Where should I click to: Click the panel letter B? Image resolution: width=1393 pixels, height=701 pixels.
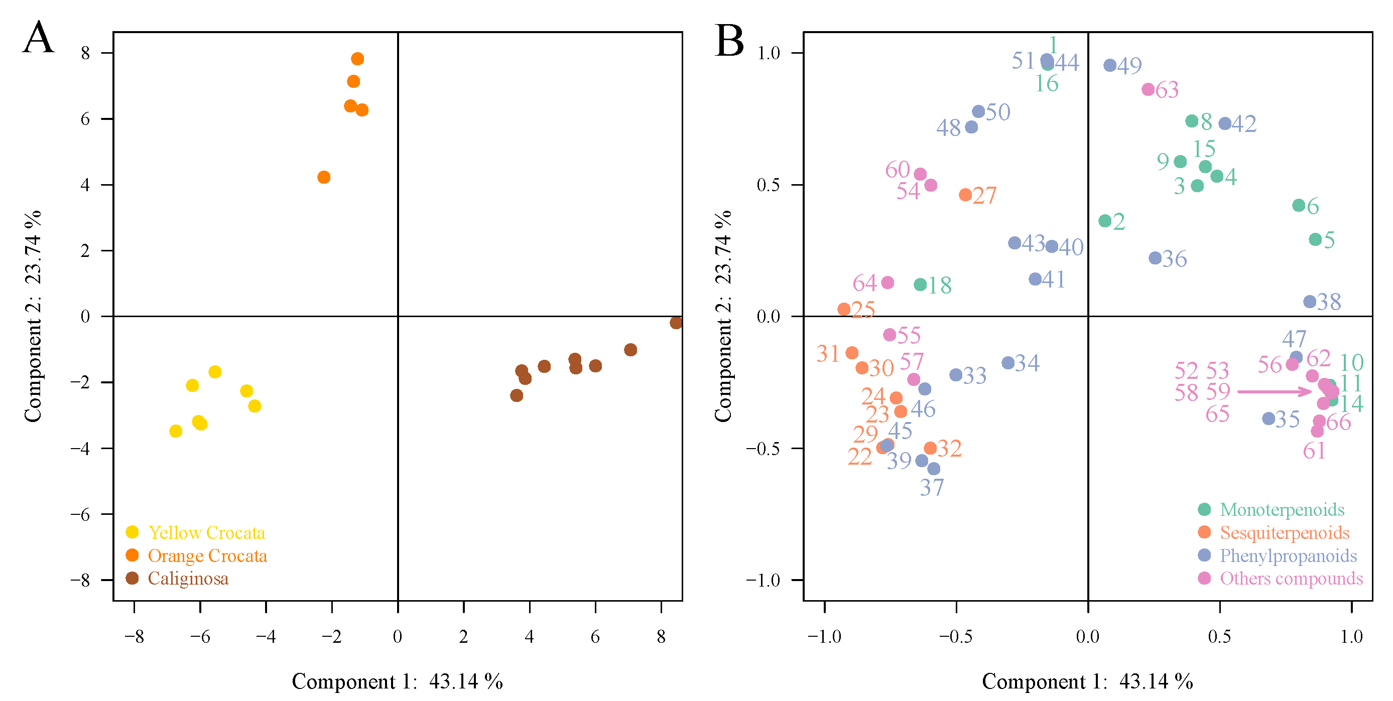coord(729,41)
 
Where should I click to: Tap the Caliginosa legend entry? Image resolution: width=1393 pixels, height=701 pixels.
coord(188,579)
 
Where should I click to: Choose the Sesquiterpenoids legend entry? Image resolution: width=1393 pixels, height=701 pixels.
coord(1284,533)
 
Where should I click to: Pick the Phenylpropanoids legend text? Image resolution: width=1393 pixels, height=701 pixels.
coord(1288,556)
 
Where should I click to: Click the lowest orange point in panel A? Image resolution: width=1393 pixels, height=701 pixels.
coord(323,177)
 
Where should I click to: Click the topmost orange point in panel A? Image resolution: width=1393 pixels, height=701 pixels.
coord(357,58)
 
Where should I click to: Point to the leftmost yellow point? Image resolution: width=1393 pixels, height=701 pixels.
coord(175,431)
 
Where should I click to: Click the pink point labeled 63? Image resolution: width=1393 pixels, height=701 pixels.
coord(1148,89)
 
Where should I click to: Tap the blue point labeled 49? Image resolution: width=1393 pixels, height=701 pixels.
coord(1110,65)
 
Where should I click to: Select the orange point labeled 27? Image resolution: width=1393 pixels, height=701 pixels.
coord(965,195)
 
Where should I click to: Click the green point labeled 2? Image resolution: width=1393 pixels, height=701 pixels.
coord(1105,220)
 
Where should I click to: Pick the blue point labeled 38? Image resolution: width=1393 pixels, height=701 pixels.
coord(1309,302)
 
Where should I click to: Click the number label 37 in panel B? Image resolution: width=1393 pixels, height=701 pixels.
coord(932,488)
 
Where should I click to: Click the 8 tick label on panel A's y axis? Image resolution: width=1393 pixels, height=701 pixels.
coord(85,53)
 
